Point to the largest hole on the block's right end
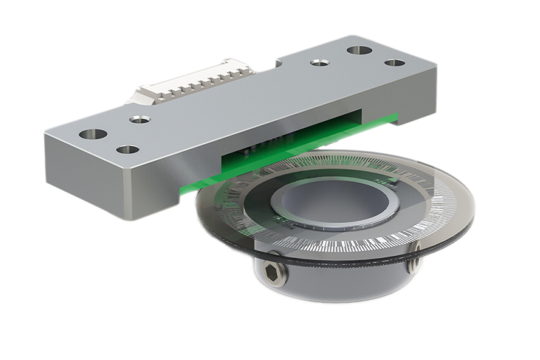coord(359,51)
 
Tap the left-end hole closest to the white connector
coord(139,120)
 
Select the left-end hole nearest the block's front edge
coord(127,149)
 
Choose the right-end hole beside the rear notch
coord(320,63)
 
